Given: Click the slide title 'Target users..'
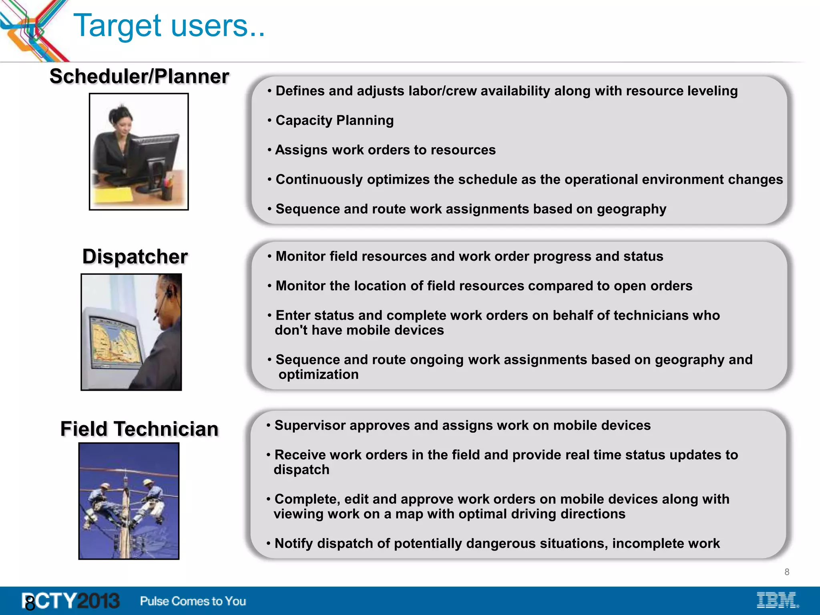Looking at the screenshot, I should click(169, 26).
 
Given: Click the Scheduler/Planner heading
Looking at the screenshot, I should click(139, 76).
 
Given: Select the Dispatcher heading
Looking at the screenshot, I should click(135, 256).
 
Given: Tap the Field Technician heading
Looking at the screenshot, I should click(139, 429).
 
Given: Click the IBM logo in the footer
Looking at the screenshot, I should click(777, 600).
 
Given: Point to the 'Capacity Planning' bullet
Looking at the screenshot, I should click(334, 120).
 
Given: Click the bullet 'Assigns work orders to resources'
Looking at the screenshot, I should click(385, 150).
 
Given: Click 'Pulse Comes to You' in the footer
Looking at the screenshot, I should click(193, 601).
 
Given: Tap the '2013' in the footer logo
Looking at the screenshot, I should click(98, 601).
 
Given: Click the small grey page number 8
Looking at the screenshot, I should click(787, 572).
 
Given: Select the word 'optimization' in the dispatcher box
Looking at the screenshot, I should click(318, 374).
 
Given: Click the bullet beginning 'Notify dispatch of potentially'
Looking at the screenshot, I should click(496, 543).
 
